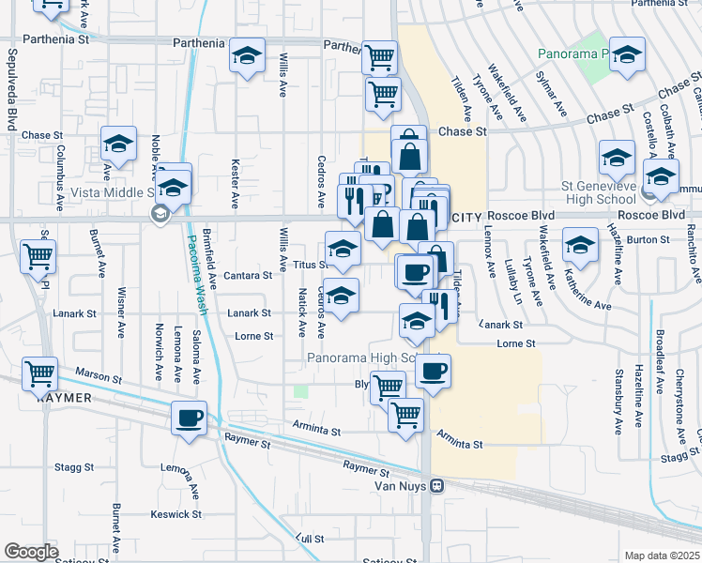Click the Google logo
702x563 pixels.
tap(31, 552)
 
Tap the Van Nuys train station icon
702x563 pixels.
tap(436, 486)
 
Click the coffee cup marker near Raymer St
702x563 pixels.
tap(189, 416)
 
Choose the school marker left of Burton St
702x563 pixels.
tap(581, 246)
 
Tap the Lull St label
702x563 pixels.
tap(310, 539)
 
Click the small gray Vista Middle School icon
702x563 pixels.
tap(160, 215)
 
